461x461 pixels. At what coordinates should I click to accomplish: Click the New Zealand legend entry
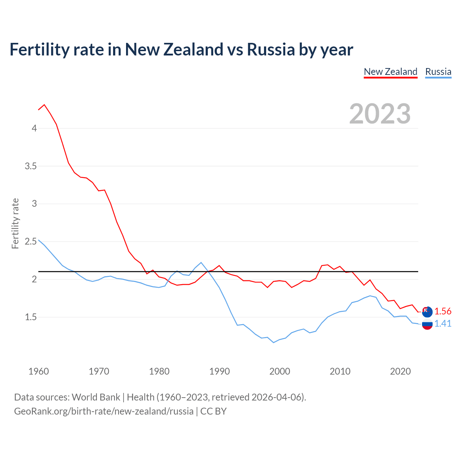(x=390, y=72)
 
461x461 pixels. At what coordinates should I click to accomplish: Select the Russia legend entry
(x=438, y=72)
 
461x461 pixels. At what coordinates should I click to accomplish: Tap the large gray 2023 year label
(x=380, y=114)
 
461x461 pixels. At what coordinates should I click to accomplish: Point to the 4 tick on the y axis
(x=34, y=128)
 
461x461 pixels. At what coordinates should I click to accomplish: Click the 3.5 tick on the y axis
(x=31, y=166)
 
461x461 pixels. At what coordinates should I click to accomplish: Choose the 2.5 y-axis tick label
(x=31, y=241)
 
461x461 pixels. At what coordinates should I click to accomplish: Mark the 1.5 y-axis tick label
(x=31, y=317)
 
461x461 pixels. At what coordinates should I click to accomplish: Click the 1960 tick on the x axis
(x=39, y=371)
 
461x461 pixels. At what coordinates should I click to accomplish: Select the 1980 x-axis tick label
(x=159, y=371)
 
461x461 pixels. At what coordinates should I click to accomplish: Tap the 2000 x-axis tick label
(x=279, y=371)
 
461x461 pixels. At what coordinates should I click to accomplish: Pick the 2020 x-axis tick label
(x=400, y=371)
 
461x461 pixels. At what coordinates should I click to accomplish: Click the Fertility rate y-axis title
(x=15, y=223)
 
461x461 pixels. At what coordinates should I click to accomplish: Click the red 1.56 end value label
(x=443, y=311)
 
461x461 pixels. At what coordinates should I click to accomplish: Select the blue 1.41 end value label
(x=443, y=323)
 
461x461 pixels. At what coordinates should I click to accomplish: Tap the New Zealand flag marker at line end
(x=427, y=312)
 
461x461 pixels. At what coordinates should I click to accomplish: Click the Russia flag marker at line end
(x=427, y=324)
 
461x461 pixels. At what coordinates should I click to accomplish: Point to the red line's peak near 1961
(x=44, y=105)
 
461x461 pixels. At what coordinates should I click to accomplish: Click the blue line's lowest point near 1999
(x=274, y=343)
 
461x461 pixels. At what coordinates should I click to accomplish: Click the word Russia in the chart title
(x=271, y=49)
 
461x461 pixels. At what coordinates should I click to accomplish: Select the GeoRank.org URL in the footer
(x=104, y=411)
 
